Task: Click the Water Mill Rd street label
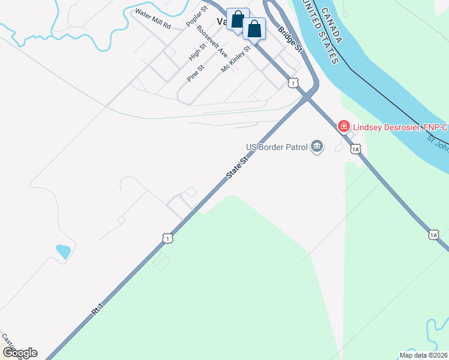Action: pos(153,20)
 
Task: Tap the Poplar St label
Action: pos(196,17)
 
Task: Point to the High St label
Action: pos(197,51)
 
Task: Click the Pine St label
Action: pos(196,73)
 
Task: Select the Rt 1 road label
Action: pos(98,309)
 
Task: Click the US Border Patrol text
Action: pos(277,147)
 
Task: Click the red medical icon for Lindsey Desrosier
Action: pos(344,126)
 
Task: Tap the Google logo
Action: pos(19,353)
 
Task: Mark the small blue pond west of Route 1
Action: pos(63,251)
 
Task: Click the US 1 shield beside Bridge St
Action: pos(292,83)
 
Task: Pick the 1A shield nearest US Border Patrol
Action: pos(356,148)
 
